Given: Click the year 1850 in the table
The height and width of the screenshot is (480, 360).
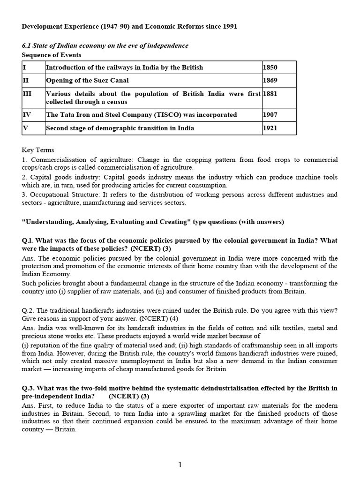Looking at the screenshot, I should pyautogui.click(x=270, y=67).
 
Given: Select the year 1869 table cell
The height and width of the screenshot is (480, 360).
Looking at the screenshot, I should pyautogui.click(x=270, y=80).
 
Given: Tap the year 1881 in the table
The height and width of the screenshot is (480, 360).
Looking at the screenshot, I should pyautogui.click(x=270, y=94).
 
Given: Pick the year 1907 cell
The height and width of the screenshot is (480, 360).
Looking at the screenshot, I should pyautogui.click(x=270, y=115).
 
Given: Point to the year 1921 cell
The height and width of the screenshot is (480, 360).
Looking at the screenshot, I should pyautogui.click(x=270, y=128).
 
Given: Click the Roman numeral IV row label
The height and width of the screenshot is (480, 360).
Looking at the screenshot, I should pyautogui.click(x=27, y=115).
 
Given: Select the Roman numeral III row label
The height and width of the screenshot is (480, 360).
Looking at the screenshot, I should pyautogui.click(x=27, y=94).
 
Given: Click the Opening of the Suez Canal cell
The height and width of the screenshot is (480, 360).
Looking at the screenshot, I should pyautogui.click(x=87, y=80).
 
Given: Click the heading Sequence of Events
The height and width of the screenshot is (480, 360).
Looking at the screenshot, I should pyautogui.click(x=52, y=54).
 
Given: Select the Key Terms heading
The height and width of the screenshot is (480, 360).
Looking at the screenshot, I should pyautogui.click(x=38, y=150).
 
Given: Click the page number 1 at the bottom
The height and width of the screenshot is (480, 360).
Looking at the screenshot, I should pyautogui.click(x=180, y=465).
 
